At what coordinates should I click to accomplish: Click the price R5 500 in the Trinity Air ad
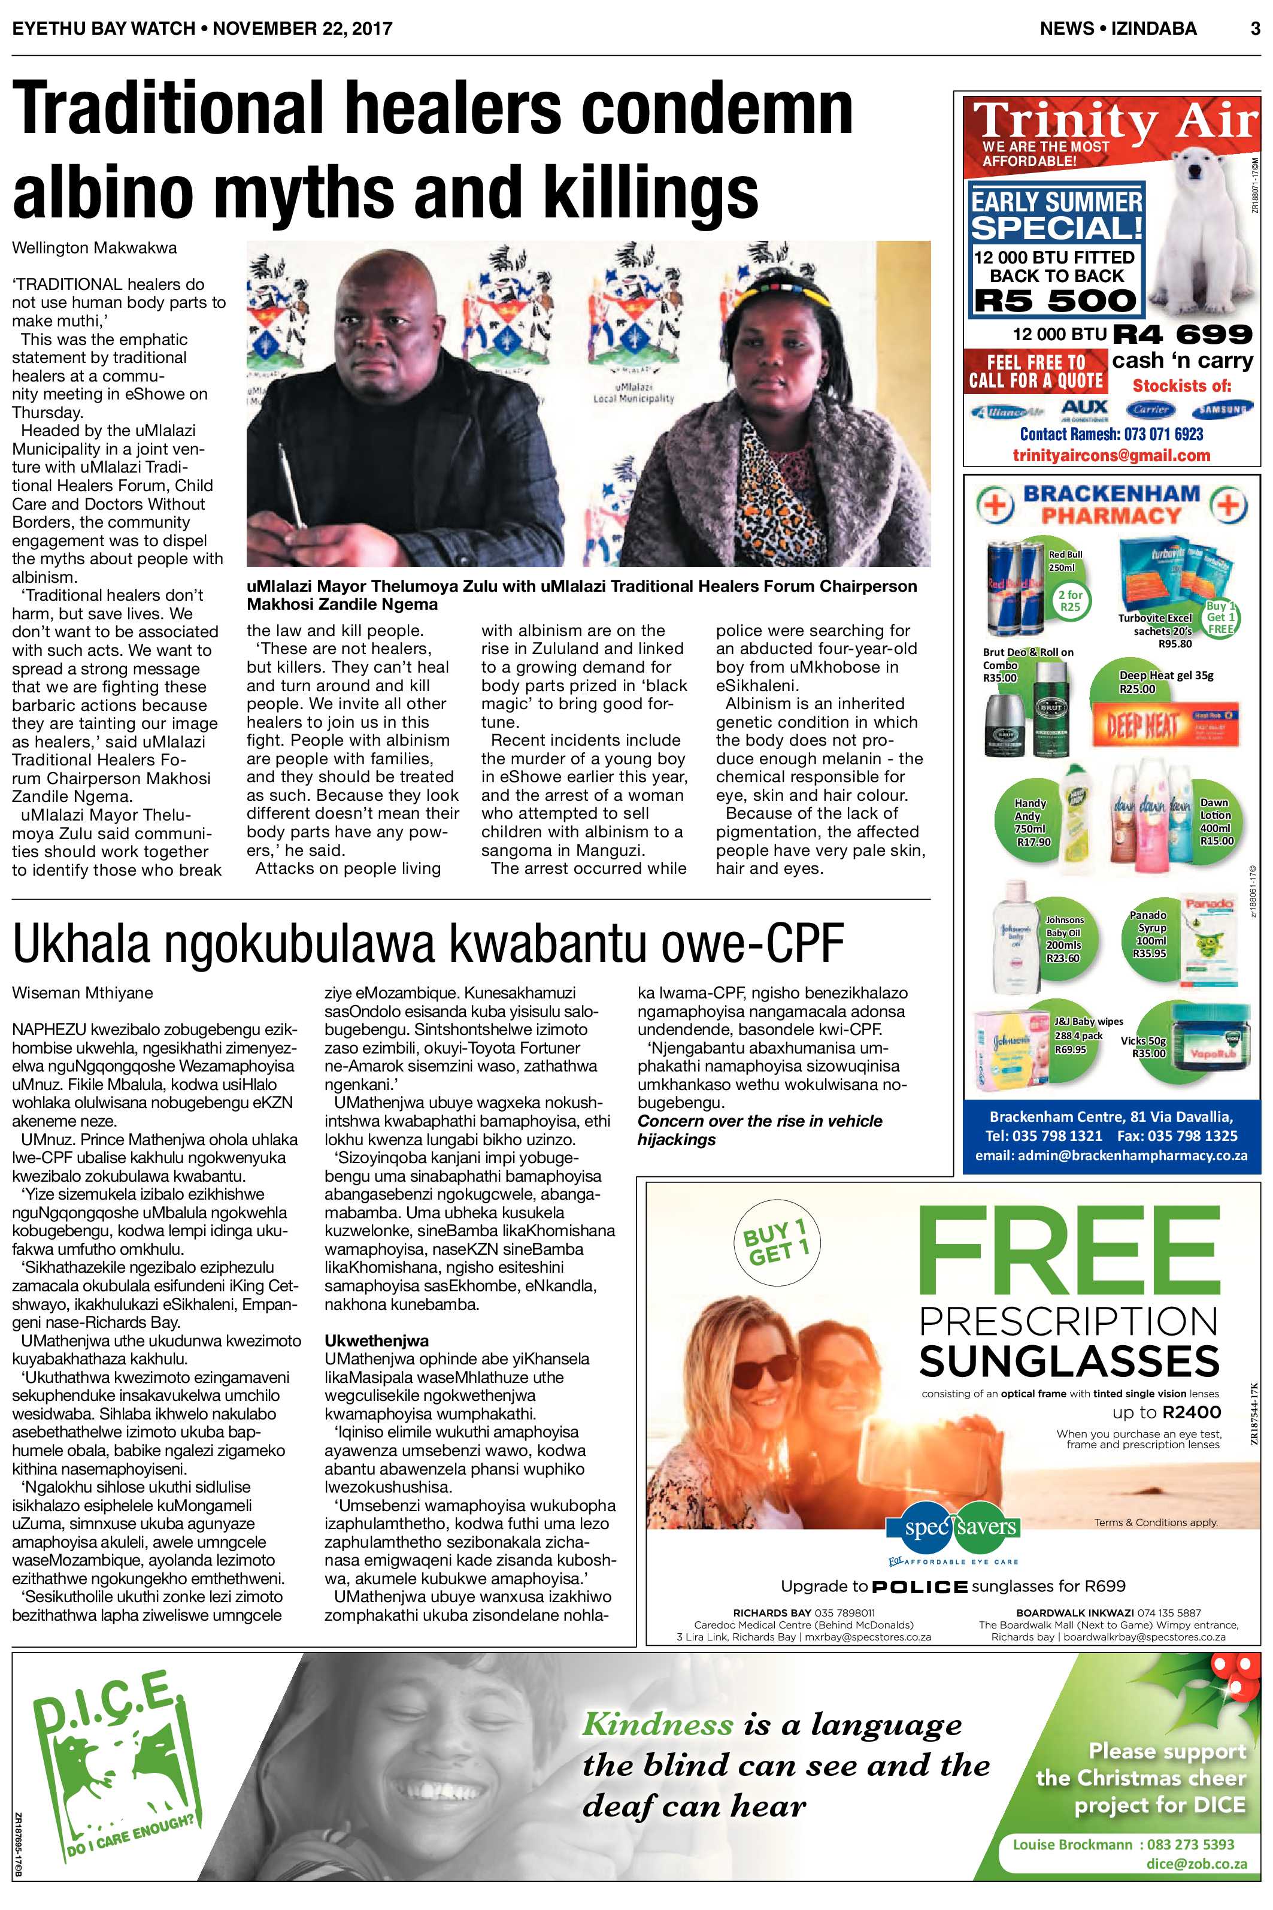(1056, 301)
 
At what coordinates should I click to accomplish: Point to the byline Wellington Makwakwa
(94, 248)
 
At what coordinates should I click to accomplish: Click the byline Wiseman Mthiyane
(83, 992)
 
